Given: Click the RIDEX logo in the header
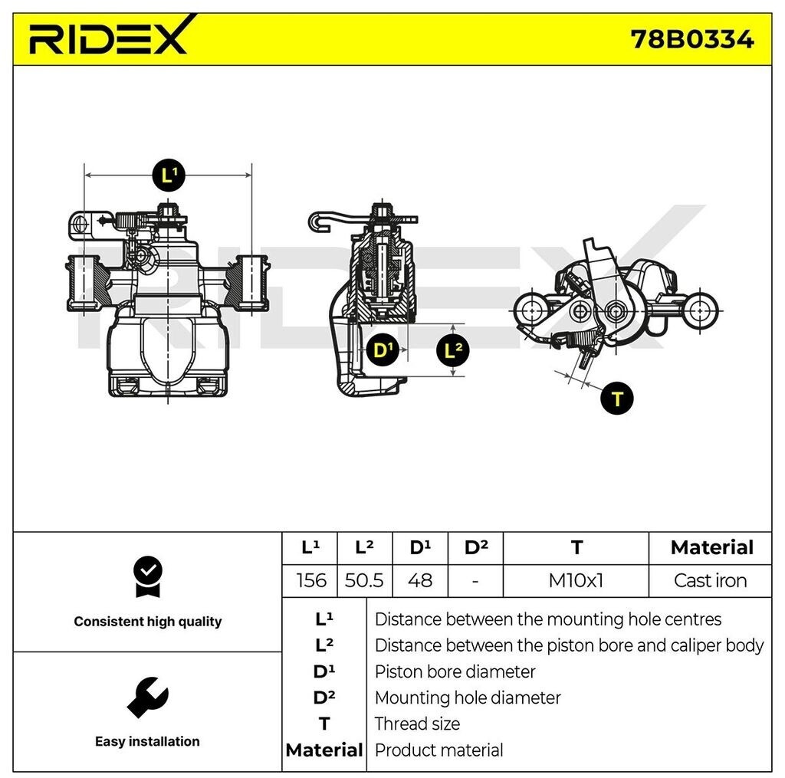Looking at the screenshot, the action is [x=108, y=36].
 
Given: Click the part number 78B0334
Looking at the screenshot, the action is [x=691, y=38].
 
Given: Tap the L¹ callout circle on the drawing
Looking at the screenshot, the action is [x=168, y=175].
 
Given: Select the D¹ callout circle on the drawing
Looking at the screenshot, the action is [x=381, y=351].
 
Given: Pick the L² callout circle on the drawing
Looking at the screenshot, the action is [x=452, y=351].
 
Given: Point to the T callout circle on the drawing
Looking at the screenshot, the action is [x=617, y=398].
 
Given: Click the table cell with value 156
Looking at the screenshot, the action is [x=311, y=580].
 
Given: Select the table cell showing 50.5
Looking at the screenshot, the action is [x=364, y=580].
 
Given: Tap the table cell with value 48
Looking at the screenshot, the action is [x=420, y=580].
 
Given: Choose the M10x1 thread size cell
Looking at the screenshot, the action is [x=576, y=580].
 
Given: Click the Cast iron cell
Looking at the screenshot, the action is [x=710, y=580].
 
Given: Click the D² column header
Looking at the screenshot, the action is [x=476, y=547].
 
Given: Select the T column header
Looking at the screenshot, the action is [x=576, y=547].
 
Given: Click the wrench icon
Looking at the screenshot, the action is [x=147, y=697].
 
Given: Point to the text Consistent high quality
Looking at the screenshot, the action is [x=147, y=622].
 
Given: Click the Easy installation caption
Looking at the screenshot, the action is [x=147, y=741].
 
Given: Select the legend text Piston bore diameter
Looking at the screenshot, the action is [x=455, y=671].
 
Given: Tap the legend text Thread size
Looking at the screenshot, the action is [x=417, y=724].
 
